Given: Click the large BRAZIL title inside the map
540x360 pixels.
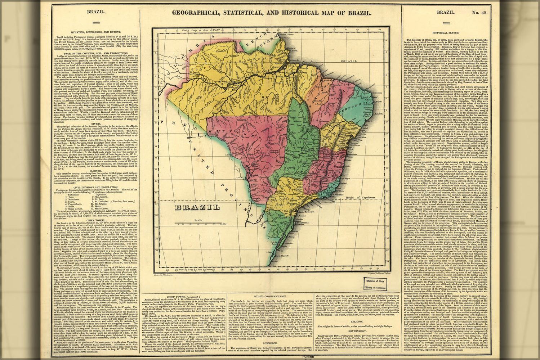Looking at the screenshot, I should click(197, 207).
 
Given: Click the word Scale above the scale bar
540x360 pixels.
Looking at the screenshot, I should click(188, 220).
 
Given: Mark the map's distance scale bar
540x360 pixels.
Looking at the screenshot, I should click(202, 224).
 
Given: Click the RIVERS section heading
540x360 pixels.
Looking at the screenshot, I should click(93, 123).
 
